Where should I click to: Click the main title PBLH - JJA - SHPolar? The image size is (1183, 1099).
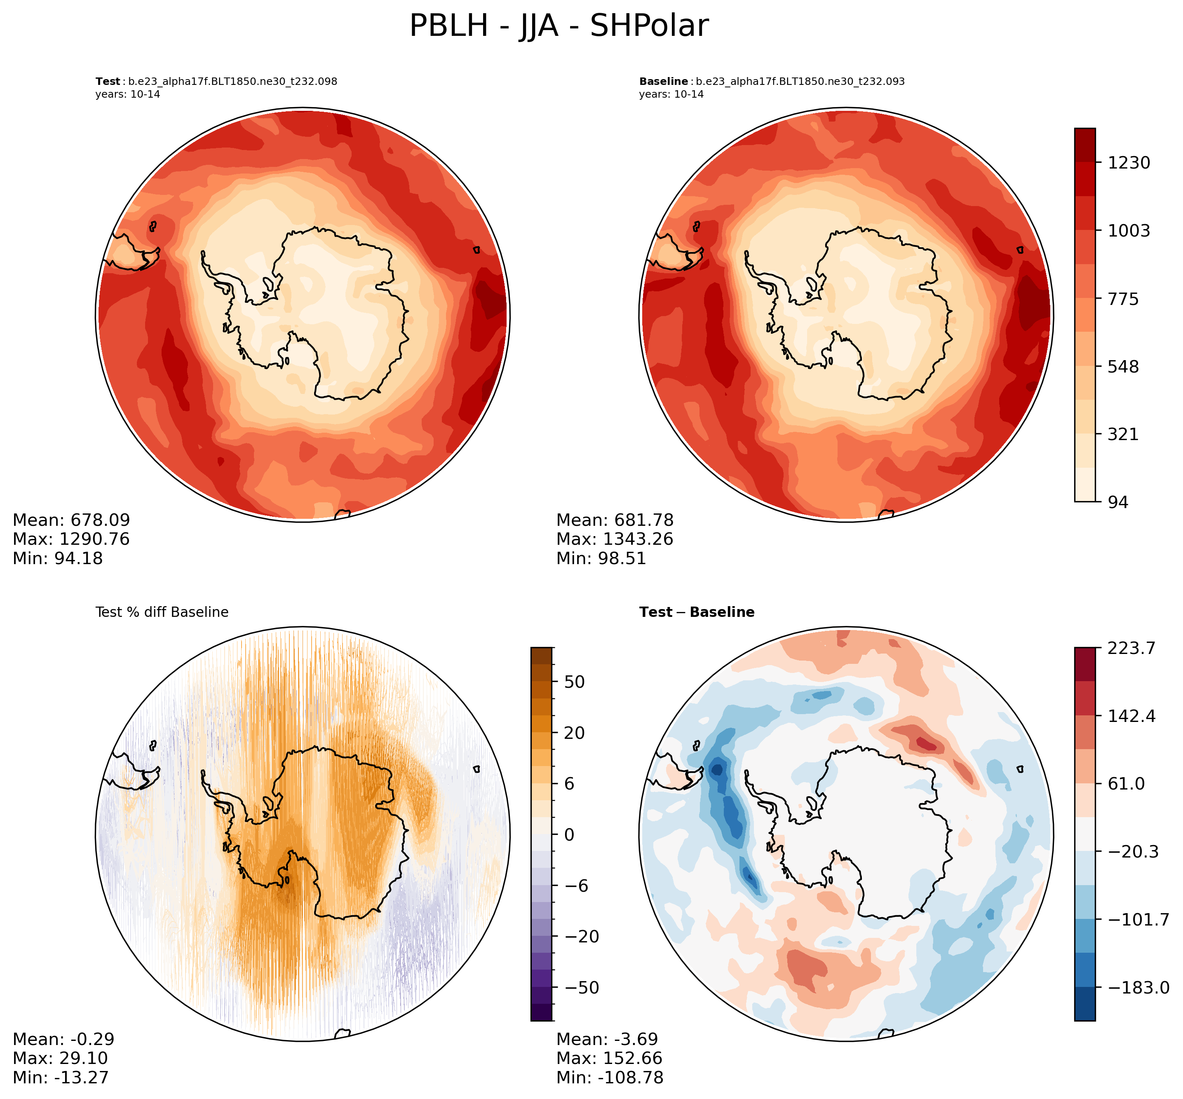click(x=559, y=26)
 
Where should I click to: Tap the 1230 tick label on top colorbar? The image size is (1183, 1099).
click(x=1128, y=162)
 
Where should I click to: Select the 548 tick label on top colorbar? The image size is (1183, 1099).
click(x=1123, y=366)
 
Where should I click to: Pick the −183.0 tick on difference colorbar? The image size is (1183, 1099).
click(x=1137, y=988)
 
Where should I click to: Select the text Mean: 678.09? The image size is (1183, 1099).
click(x=71, y=520)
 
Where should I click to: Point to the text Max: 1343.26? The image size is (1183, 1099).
click(x=615, y=539)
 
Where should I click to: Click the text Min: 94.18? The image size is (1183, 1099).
click(x=58, y=558)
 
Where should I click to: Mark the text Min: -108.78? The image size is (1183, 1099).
click(x=609, y=1077)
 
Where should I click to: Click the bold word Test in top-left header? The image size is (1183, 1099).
click(x=108, y=82)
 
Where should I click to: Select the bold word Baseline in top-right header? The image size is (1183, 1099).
click(x=663, y=82)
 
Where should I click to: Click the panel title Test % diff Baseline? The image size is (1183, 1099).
click(x=162, y=612)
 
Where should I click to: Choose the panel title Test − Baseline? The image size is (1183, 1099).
click(x=697, y=612)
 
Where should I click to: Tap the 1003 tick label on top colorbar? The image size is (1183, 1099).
click(x=1128, y=231)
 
